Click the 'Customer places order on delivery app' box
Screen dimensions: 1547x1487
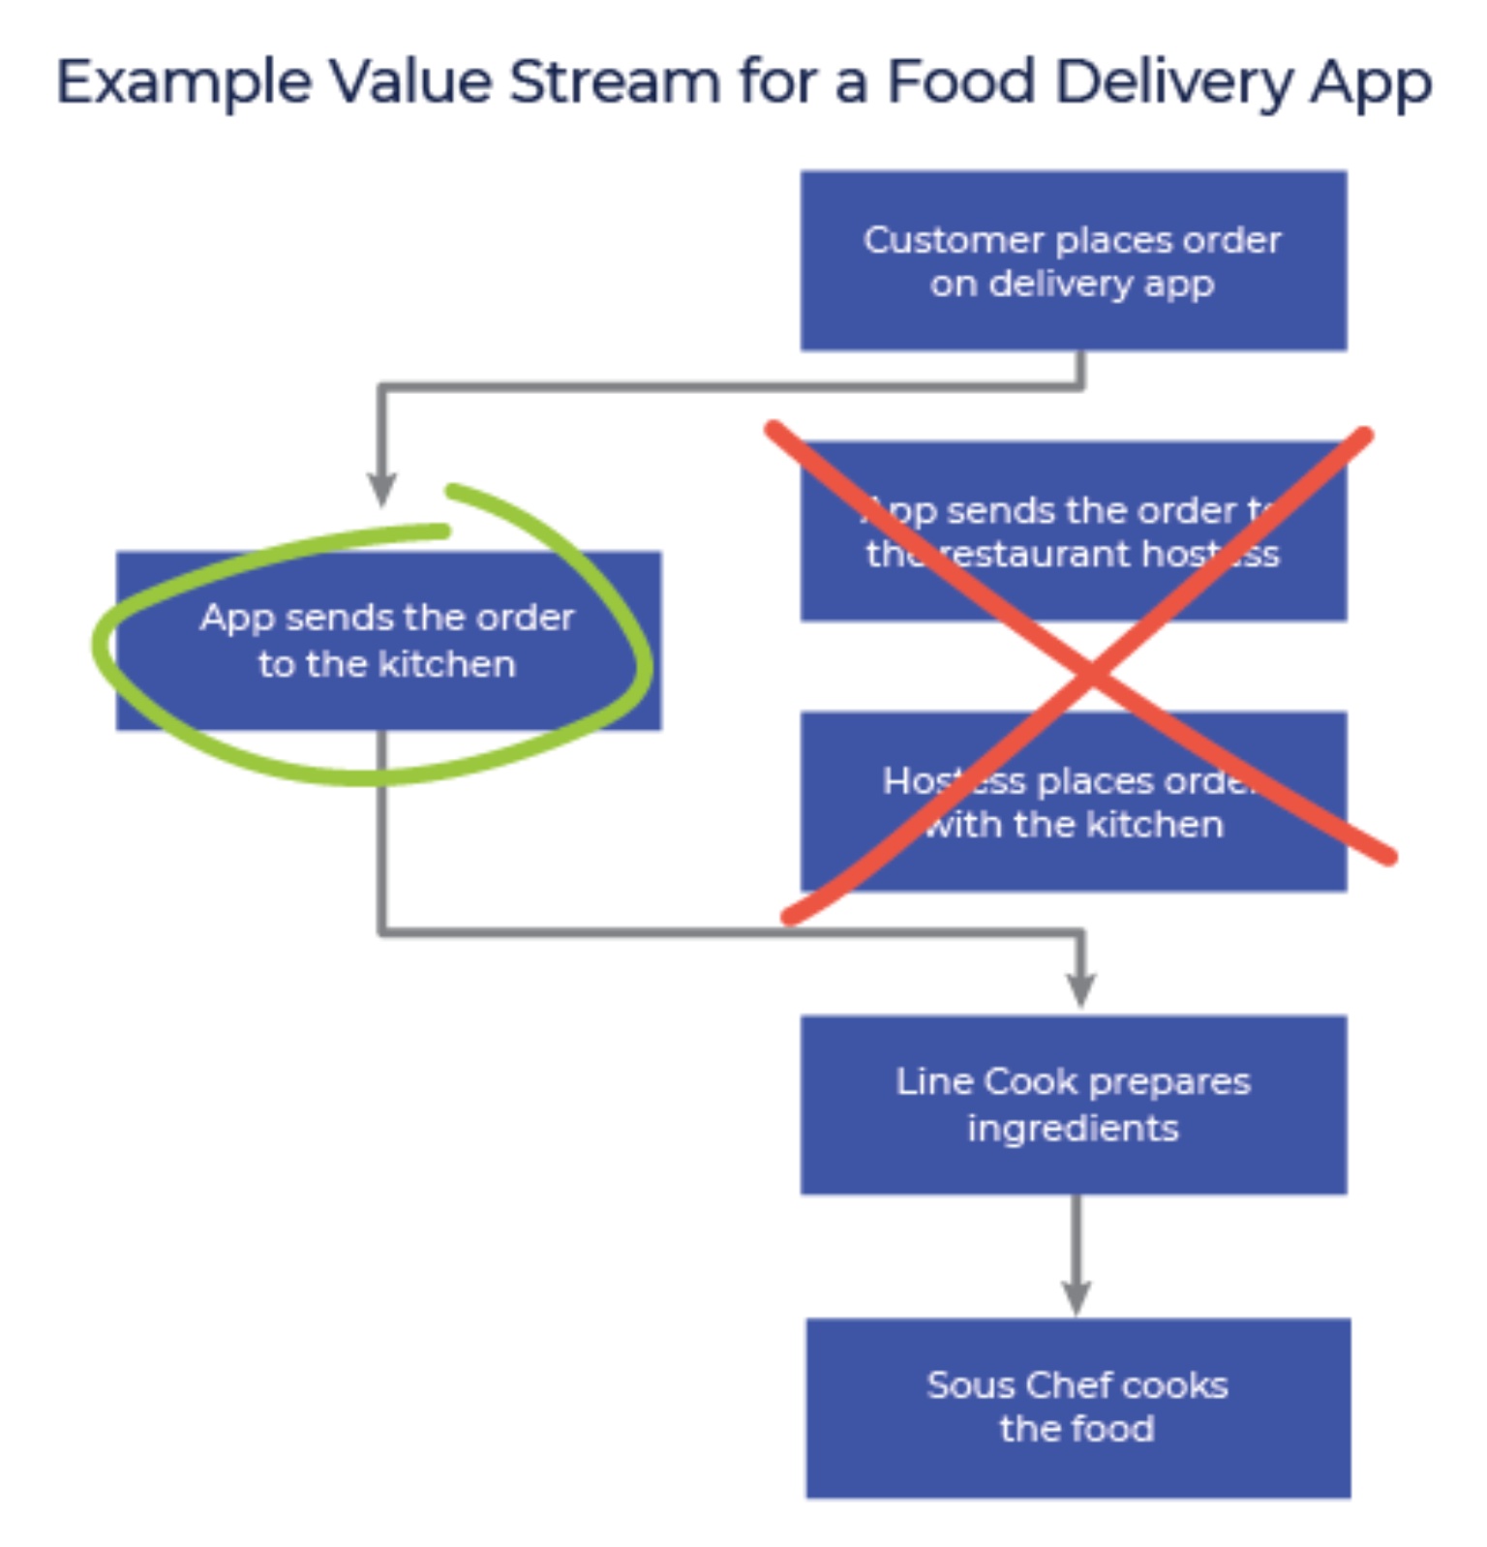point(1073,260)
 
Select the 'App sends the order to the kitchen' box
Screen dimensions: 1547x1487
point(388,640)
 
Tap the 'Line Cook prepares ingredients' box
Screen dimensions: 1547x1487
point(1073,1104)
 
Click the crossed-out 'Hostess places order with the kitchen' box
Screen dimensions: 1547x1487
point(1073,801)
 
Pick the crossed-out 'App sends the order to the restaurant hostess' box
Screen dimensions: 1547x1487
point(1073,531)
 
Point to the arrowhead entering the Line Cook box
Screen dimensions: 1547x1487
point(1080,989)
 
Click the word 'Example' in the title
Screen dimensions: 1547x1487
point(183,82)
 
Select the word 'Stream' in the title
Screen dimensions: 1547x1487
point(615,81)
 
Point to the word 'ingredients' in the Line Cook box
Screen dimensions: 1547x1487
point(1073,1128)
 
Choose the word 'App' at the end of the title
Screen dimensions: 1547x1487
point(1371,83)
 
